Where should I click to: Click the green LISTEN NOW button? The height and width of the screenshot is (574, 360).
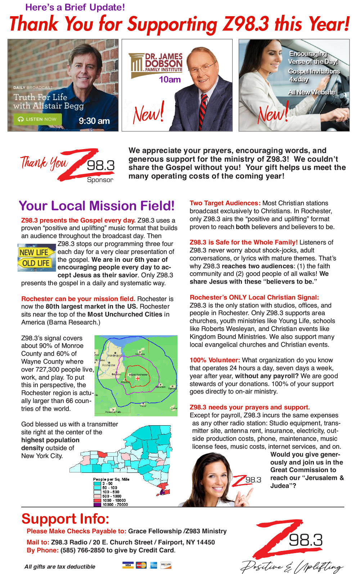coord(37,119)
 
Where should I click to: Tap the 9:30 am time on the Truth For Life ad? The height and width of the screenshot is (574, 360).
coord(94,121)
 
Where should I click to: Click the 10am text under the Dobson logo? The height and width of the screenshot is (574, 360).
coord(170,80)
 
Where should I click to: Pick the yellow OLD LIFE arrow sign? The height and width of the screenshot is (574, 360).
coord(35,263)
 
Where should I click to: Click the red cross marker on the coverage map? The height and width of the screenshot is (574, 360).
coord(138,378)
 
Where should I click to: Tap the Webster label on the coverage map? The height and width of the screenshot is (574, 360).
coord(140,354)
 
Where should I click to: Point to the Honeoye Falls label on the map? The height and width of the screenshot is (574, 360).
coord(113,412)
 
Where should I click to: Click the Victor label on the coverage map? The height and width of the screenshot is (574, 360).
coord(143,406)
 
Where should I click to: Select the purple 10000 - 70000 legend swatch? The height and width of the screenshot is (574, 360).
coord(97,505)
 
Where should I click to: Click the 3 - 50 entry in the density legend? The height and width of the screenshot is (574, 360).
coord(107,484)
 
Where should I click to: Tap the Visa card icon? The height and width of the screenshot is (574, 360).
coord(127,565)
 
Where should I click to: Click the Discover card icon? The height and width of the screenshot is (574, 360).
coord(166,565)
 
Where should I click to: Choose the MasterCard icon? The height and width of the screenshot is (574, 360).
coord(141,565)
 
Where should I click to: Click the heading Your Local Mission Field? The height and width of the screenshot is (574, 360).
coord(96,206)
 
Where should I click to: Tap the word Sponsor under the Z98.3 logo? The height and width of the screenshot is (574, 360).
coord(100,180)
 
